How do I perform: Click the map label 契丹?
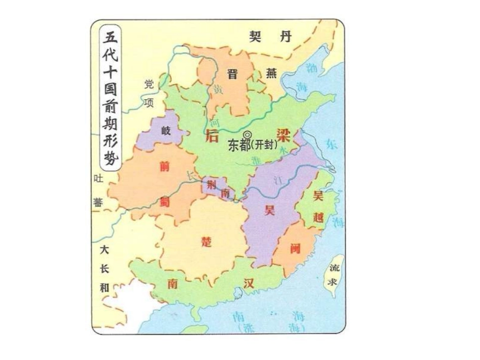tap(272, 36)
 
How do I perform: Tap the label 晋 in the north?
tap(232, 74)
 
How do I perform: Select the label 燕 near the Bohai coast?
tap(272, 74)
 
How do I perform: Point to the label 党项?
tap(148, 93)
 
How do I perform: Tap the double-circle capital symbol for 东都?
tap(248, 134)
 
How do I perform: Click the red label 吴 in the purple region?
tap(268, 211)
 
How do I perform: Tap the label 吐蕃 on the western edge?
tap(98, 191)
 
